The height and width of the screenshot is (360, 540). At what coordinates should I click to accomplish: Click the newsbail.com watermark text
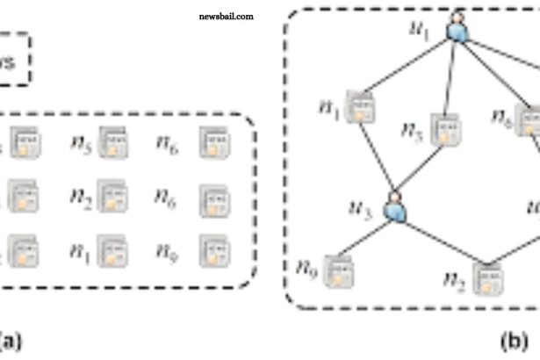click(x=227, y=17)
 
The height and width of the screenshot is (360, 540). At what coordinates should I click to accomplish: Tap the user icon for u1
click(x=457, y=29)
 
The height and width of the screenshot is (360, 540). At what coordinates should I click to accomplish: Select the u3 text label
click(x=362, y=210)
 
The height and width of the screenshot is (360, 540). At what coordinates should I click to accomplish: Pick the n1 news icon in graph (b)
click(x=358, y=107)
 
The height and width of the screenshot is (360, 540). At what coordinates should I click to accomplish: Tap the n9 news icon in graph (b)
click(x=335, y=268)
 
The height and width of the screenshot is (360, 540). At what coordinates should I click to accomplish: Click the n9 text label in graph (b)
click(x=305, y=264)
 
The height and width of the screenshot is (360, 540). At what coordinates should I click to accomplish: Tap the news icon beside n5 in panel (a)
click(x=112, y=140)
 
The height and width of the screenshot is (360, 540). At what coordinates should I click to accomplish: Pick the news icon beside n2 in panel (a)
click(x=112, y=193)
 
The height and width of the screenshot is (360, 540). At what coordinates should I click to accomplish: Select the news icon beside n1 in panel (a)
click(x=112, y=248)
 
